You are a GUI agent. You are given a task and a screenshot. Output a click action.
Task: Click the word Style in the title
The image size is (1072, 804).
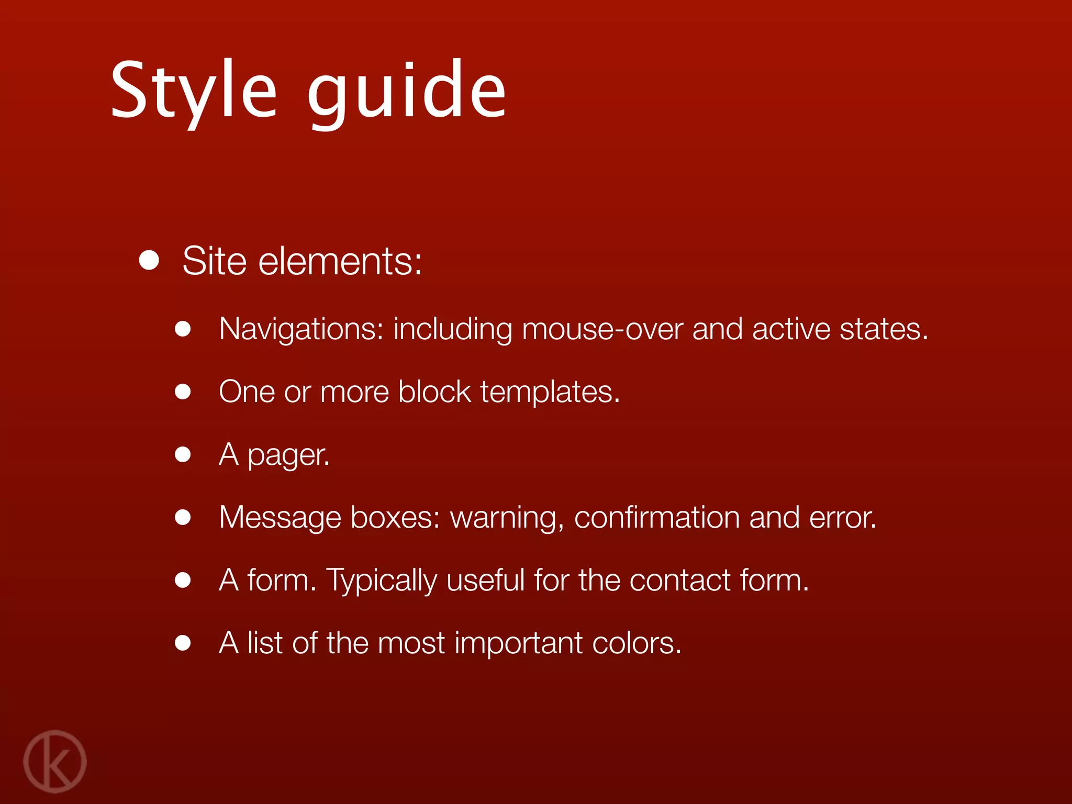pos(194,90)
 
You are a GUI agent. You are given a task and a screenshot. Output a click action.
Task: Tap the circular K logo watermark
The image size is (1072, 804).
pos(54,761)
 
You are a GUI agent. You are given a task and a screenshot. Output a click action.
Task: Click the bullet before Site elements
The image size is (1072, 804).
pos(149,260)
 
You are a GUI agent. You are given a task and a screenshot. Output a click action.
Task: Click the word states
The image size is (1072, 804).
pos(884,330)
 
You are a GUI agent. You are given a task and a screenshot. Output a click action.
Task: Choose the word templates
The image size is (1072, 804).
pos(550,392)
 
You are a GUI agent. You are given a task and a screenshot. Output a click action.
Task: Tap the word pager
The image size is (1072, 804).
pos(288,455)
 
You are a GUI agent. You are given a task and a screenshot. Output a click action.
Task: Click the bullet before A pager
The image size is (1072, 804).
pos(183,454)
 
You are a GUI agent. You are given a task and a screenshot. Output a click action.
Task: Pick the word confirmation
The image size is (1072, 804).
pos(656,518)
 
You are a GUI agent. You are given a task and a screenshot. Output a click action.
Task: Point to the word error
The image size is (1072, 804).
pos(842,518)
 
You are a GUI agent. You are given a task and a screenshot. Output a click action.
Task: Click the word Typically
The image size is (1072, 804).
pos(382,581)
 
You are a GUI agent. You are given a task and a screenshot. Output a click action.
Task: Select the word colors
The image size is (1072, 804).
pos(636,643)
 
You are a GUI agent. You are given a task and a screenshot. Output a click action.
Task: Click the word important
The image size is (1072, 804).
pos(518,644)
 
